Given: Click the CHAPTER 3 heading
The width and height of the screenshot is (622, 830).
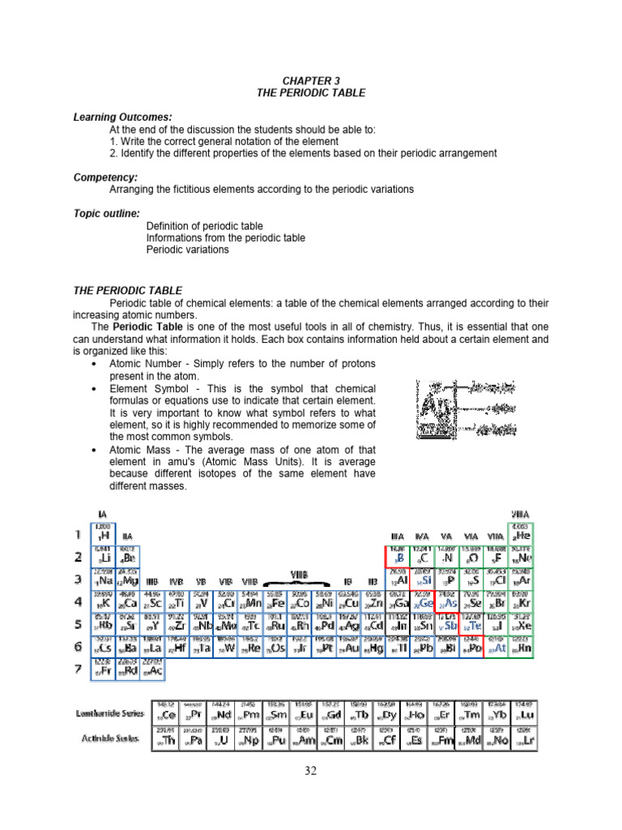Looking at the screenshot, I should tap(312, 81).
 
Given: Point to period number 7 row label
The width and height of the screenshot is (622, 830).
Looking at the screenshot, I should tap(79, 670).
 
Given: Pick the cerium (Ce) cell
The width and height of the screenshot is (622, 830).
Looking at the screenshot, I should tap(165, 714).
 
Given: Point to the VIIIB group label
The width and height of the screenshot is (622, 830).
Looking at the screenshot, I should tap(299, 574).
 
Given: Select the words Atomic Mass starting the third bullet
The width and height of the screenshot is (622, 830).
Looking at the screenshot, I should tap(143, 449).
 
